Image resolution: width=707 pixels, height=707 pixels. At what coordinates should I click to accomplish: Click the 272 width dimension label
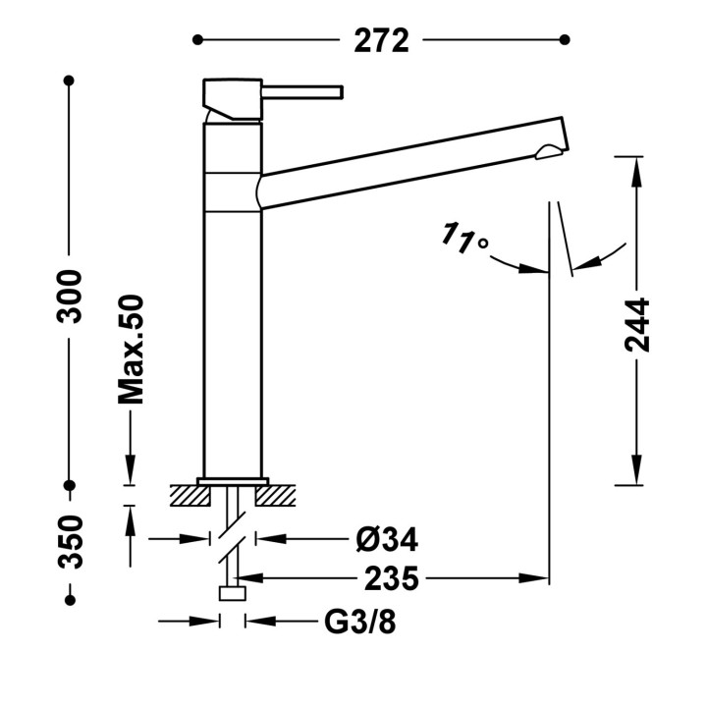381,41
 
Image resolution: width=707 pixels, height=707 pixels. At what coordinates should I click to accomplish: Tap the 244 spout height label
637,325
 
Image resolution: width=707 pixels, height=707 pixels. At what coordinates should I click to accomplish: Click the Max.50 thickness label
131,350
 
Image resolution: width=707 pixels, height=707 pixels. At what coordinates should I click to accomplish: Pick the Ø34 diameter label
387,539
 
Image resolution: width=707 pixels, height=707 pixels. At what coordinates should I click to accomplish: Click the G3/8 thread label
360,622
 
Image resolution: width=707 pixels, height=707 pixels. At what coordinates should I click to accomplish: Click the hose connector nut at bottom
233,593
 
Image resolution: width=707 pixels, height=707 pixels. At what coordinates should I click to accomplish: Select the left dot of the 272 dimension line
197,40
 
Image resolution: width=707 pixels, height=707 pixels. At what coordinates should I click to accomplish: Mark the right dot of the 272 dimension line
565,40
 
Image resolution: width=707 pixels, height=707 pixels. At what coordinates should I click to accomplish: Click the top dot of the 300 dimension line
70,81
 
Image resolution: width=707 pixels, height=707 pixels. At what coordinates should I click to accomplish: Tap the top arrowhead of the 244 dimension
636,166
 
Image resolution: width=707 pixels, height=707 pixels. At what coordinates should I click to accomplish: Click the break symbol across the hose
234,539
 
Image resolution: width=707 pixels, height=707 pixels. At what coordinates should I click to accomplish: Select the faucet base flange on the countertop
233,480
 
